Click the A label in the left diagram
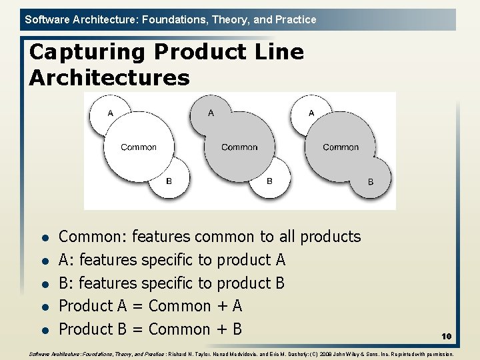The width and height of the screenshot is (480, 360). point(111,113)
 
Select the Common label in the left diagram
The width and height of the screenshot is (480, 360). point(139,147)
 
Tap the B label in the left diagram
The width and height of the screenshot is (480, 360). point(169,181)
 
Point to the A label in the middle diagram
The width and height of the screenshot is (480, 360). point(211,113)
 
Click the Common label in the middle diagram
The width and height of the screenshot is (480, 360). point(239,147)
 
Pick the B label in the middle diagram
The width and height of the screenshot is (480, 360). point(269,181)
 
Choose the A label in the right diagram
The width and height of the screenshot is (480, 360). point(311,113)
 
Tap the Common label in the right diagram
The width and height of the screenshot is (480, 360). point(341,147)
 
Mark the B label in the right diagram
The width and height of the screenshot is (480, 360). point(371,182)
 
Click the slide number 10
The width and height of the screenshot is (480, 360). point(446,337)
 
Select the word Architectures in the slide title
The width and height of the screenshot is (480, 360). point(109,78)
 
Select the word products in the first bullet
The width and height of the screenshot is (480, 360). point(330,237)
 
